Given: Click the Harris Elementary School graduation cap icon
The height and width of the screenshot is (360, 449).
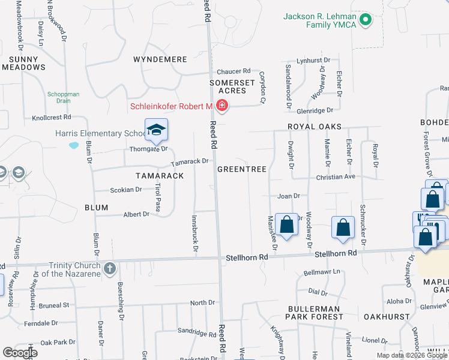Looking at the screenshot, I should tap(156, 130).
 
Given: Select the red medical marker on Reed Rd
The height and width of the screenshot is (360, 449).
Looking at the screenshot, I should tap(221, 107).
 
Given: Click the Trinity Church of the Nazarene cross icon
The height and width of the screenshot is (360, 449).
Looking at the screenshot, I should tap(109, 268).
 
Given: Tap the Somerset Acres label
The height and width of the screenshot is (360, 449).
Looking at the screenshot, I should tap(228, 86).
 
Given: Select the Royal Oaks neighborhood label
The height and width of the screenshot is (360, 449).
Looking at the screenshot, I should tap(314, 127).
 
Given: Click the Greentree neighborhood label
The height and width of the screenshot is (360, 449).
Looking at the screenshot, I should tap(241, 169).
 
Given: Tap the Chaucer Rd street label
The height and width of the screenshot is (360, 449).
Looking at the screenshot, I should tap(234, 71).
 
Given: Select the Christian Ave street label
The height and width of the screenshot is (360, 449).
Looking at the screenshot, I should tap(337, 177).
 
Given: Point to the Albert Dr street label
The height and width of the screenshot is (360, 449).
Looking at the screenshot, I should tap(136, 214).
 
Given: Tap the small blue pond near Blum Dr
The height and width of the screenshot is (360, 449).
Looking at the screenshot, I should tap(74, 145).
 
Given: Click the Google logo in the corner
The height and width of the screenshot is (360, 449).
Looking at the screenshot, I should tap(20, 353).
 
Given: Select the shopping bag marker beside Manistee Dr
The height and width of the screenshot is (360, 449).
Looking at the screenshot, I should tap(288, 225).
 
